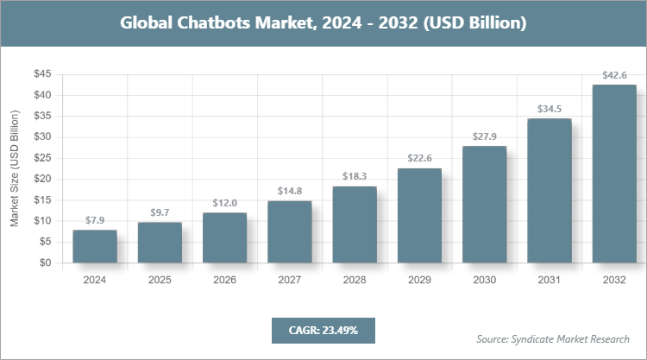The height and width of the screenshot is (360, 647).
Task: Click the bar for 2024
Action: [95, 247]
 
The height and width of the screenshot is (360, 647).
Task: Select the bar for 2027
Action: [290, 232]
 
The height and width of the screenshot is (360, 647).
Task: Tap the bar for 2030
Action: [484, 205]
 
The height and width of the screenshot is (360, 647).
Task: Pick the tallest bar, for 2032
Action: [614, 174]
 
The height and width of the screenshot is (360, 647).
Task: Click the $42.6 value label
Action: [614, 76]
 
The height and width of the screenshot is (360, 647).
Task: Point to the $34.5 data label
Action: [550, 109]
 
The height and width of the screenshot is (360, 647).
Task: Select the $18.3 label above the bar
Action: [355, 177]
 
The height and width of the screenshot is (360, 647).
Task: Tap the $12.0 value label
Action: [224, 203]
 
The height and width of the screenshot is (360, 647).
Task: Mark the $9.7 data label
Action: [160, 212]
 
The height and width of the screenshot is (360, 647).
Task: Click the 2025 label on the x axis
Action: [160, 280]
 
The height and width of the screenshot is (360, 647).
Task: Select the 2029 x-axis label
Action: [419, 280]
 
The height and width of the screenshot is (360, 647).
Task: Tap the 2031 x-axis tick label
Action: [550, 280]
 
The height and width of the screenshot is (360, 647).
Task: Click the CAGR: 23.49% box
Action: [323, 330]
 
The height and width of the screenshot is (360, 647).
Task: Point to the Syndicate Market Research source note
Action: [553, 338]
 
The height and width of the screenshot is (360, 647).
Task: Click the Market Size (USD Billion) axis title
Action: [15, 168]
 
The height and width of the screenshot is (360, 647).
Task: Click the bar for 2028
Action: [355, 224]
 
